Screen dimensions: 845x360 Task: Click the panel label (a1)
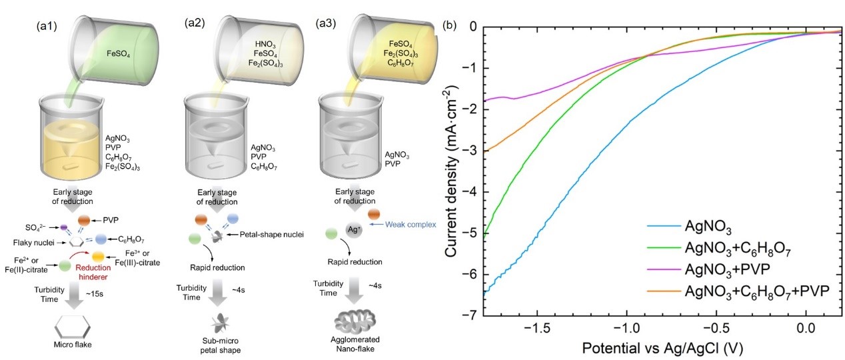pyautogui.click(x=47, y=25)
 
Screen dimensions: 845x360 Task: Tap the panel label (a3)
pyautogui.click(x=326, y=23)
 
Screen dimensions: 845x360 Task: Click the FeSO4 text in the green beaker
pyautogui.click(x=118, y=53)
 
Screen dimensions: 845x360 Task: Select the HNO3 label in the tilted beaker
pyautogui.click(x=265, y=45)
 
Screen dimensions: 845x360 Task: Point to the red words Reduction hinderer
pyautogui.click(x=93, y=272)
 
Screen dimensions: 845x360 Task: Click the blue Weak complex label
pyautogui.click(x=411, y=225)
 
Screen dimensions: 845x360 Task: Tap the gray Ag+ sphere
pyautogui.click(x=354, y=230)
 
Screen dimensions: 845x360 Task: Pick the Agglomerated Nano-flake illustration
pyautogui.click(x=355, y=320)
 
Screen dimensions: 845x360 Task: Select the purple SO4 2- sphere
pyautogui.click(x=64, y=227)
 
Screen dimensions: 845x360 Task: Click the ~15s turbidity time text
pyautogui.click(x=95, y=293)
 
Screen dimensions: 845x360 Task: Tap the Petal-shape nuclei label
pyautogui.click(x=272, y=235)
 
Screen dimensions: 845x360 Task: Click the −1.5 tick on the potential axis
pyautogui.click(x=537, y=328)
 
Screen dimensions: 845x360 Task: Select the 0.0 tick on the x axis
pyautogui.click(x=806, y=328)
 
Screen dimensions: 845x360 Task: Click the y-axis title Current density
pyautogui.click(x=452, y=171)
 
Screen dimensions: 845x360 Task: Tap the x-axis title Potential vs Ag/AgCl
pyautogui.click(x=662, y=348)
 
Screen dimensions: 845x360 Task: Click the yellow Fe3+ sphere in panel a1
pyautogui.click(x=98, y=257)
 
